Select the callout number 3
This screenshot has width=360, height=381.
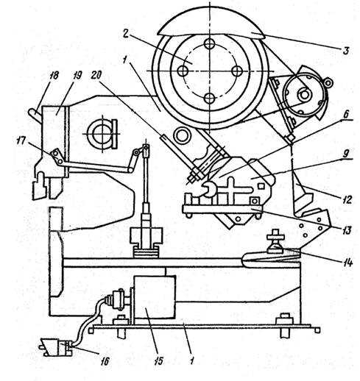point(346,51)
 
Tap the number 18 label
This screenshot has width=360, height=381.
point(54,75)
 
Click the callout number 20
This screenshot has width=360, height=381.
point(96,75)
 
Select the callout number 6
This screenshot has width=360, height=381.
point(346,115)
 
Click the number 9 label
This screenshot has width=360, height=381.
point(345,154)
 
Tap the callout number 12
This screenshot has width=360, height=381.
point(347,199)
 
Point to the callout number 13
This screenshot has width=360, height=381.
point(347,230)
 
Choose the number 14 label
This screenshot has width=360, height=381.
point(347,262)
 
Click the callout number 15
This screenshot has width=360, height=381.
point(159,360)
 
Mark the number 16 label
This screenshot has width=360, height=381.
point(105,361)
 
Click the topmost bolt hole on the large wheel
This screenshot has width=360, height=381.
point(209,44)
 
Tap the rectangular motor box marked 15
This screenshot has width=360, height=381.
point(155,297)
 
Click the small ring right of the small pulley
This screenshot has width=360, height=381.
point(328,82)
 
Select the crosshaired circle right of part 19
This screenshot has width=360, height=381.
point(101,134)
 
